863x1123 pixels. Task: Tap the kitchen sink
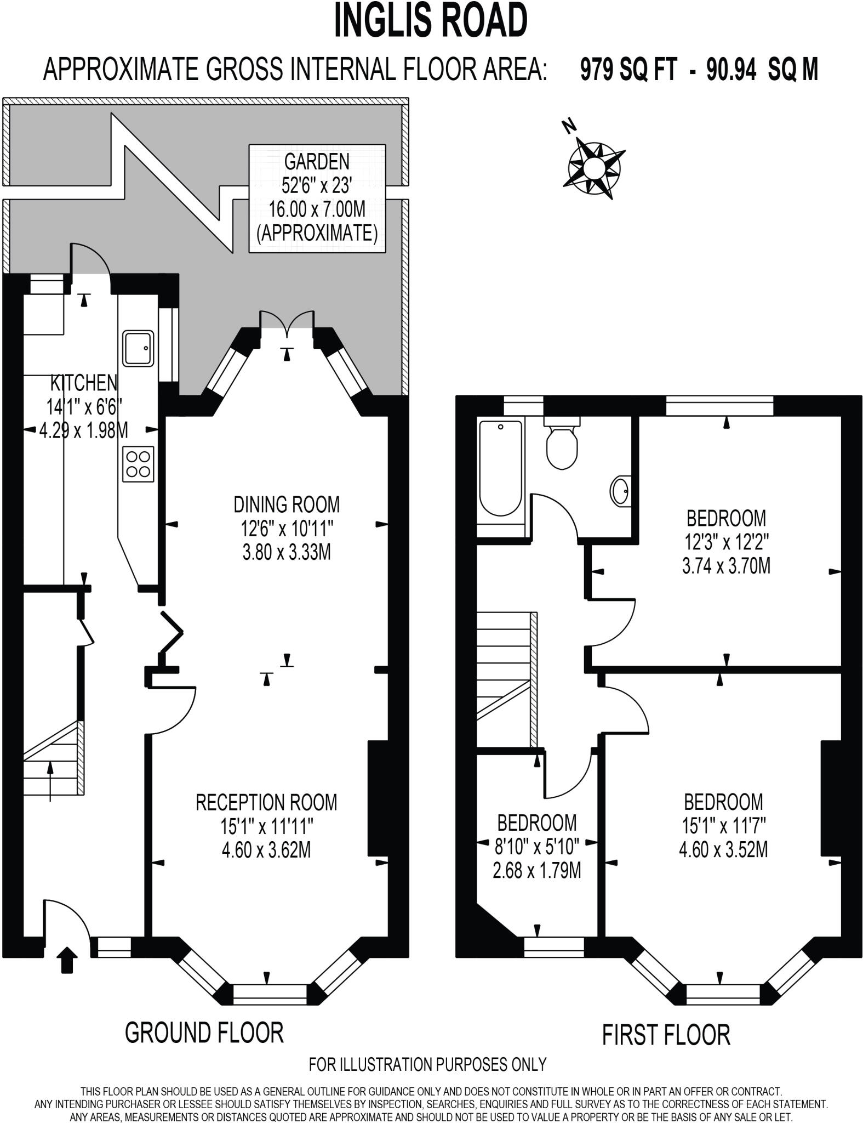(138, 348)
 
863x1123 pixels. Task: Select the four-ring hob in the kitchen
(138, 464)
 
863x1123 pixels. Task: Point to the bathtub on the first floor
(500, 468)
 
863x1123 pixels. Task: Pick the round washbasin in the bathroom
(620, 491)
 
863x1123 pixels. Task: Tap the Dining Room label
(287, 504)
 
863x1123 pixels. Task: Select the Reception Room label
(266, 802)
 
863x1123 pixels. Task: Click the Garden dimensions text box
(317, 198)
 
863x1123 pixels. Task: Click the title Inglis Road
(431, 21)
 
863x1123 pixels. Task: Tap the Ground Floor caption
(204, 1033)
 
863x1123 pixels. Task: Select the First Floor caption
(666, 1035)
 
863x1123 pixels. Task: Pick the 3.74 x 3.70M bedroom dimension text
(726, 565)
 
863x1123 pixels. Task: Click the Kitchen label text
(83, 383)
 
